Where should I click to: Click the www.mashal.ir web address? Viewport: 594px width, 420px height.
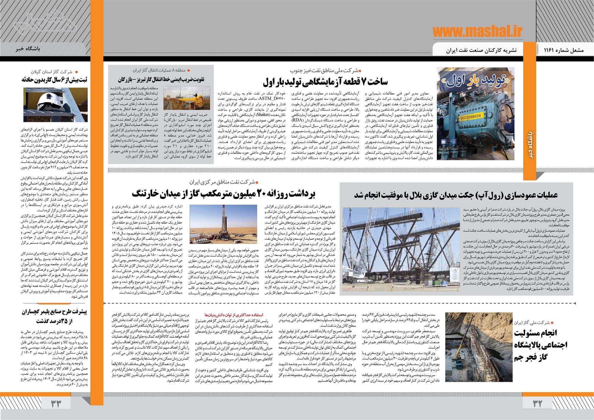477,31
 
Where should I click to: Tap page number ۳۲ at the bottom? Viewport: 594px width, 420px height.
538,404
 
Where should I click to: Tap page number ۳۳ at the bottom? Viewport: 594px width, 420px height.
56,404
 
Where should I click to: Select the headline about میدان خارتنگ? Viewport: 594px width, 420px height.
223,194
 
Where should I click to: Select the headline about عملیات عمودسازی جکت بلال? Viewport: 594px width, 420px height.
456,195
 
